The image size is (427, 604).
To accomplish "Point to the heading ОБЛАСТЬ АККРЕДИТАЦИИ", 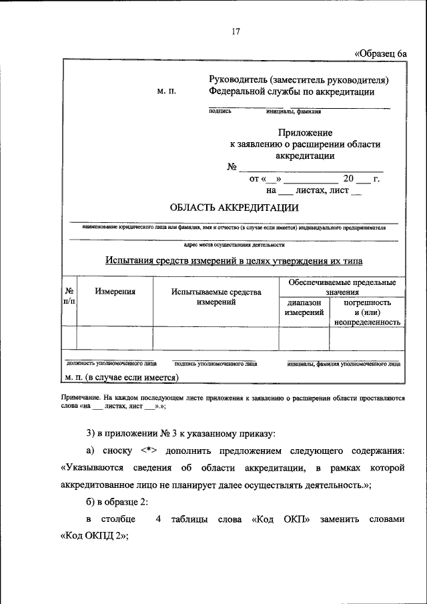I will (234, 207).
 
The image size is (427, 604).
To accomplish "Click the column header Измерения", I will (115, 291).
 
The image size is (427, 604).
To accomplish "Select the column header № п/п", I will (69, 296).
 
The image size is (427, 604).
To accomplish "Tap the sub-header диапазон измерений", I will (304, 307).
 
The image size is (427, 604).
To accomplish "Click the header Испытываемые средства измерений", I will (216, 297).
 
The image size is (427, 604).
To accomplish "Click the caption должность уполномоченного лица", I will (111, 364).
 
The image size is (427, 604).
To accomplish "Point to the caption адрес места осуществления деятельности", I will (234, 245).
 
